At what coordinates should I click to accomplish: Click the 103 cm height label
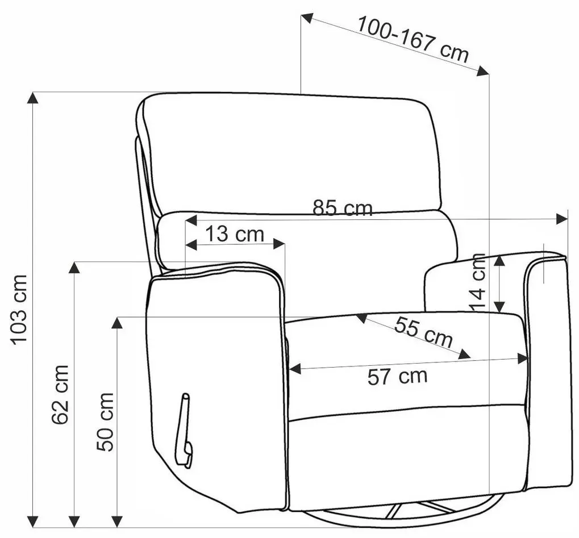coord(18,310)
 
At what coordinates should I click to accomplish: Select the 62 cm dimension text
coord(60,394)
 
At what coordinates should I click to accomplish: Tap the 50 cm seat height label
coord(105,422)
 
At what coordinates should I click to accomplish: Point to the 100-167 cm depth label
coord(413,39)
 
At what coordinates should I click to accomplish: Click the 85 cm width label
coord(342,208)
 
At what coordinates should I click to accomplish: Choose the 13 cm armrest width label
coord(235,234)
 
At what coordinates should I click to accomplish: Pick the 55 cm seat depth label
coord(423,332)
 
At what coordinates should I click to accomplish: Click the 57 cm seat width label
coord(397,377)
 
